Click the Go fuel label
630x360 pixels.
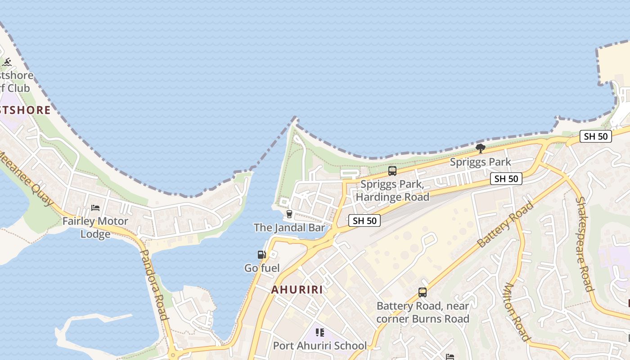pyautogui.click(x=262, y=268)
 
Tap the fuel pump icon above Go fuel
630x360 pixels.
pyautogui.click(x=261, y=255)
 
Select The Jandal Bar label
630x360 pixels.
pyautogui.click(x=289, y=228)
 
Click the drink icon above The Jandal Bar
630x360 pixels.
pyautogui.click(x=289, y=214)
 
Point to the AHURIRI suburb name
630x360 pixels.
pyautogui.click(x=297, y=290)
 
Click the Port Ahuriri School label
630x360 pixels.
pyautogui.click(x=320, y=346)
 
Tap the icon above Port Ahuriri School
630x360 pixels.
pyautogui.click(x=320, y=333)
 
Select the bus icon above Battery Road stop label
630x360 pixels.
pyautogui.click(x=423, y=292)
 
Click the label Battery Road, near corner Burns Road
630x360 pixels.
pyautogui.click(x=423, y=312)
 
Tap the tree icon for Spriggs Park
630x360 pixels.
pyautogui.click(x=481, y=148)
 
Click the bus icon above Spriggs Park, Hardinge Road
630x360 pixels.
pyautogui.click(x=392, y=171)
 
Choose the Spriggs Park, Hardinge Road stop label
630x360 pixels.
pyautogui.click(x=392, y=190)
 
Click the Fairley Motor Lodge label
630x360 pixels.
pyautogui.click(x=95, y=228)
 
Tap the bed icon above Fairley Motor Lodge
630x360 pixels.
pyautogui.click(x=95, y=208)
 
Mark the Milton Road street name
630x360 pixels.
pyautogui.click(x=517, y=311)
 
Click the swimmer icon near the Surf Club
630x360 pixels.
pyautogui.click(x=7, y=62)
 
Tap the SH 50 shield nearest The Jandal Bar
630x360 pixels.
pyautogui.click(x=364, y=220)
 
